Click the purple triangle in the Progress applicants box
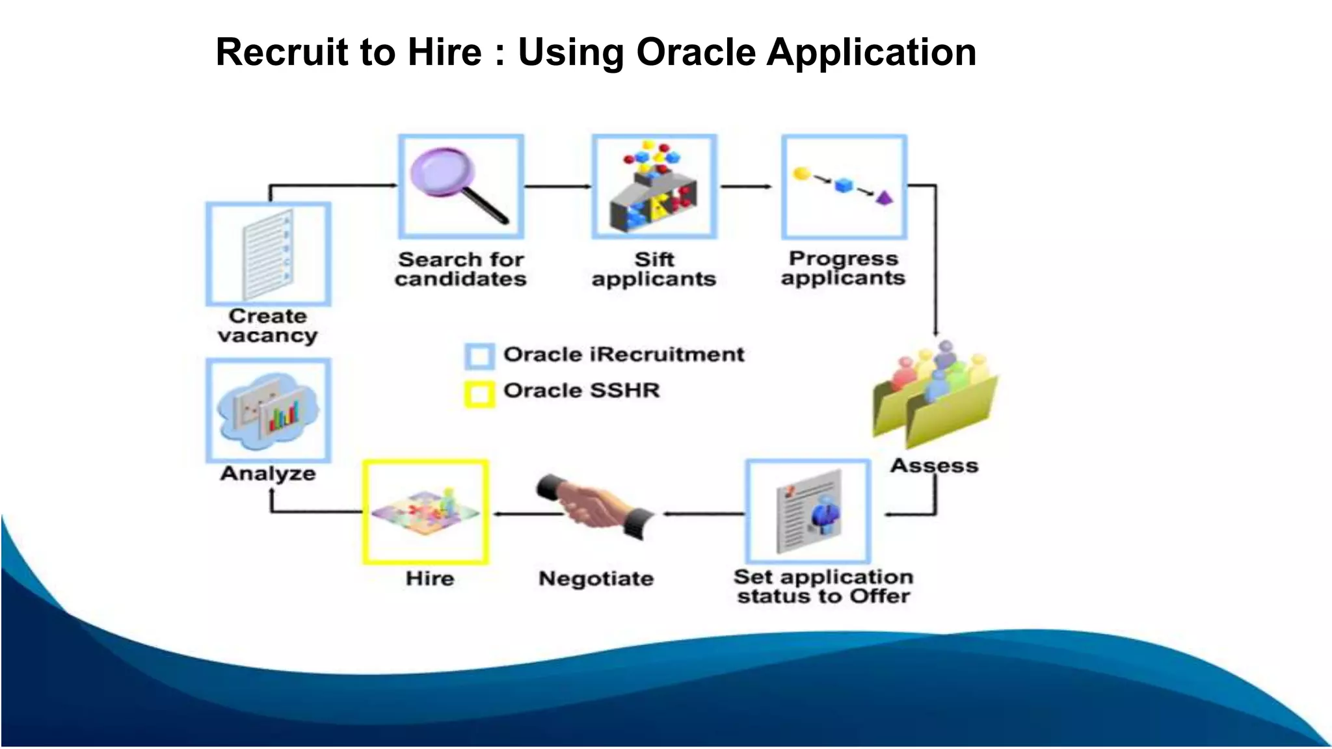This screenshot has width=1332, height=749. pyautogui.click(x=884, y=197)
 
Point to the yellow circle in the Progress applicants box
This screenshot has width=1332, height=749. pyautogui.click(x=802, y=174)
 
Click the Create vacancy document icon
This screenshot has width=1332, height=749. pyautogui.click(x=267, y=256)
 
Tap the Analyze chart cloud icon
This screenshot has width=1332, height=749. pyautogui.click(x=268, y=411)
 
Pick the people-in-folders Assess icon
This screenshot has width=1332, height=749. pyautogui.click(x=935, y=397)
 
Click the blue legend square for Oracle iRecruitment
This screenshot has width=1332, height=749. pyautogui.click(x=479, y=356)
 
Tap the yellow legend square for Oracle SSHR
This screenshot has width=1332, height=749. pyautogui.click(x=479, y=394)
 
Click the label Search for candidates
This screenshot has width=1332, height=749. pyautogui.click(x=460, y=269)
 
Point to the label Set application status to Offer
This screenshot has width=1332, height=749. pyautogui.click(x=823, y=586)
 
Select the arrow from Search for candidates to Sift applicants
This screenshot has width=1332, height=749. pyautogui.click(x=557, y=187)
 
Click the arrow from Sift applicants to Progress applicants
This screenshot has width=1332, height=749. pyautogui.click(x=747, y=187)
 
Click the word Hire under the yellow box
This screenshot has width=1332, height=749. pyautogui.click(x=429, y=578)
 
